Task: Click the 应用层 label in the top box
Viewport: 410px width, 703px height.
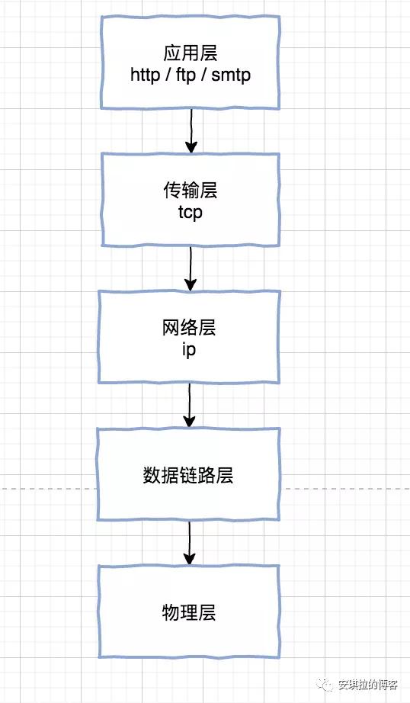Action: point(190,53)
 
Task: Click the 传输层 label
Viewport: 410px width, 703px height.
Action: point(190,191)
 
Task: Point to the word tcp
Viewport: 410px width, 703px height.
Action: point(190,212)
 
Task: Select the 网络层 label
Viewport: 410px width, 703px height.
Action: point(190,328)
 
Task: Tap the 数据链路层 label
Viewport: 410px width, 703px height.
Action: point(188,476)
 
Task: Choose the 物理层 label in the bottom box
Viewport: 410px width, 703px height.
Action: point(189,612)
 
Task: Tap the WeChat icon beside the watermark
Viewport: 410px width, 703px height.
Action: point(327,685)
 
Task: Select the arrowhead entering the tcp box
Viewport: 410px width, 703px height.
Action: point(191,146)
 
